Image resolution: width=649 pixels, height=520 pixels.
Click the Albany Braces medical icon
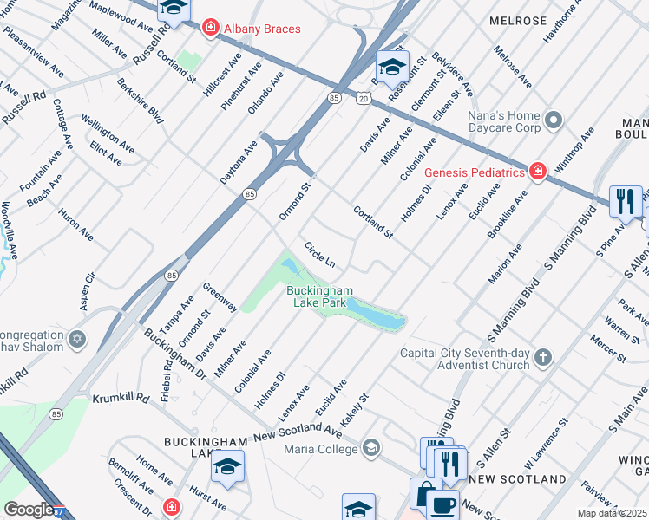click(x=209, y=29)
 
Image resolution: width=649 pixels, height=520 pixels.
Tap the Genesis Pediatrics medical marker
click(x=538, y=172)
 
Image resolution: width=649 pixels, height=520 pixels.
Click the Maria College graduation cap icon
click(x=370, y=448)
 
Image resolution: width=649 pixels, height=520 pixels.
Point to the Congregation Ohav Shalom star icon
click(x=77, y=339)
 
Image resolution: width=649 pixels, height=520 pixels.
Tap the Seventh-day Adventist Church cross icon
click(x=542, y=358)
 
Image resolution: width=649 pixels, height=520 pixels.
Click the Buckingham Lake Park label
click(x=319, y=296)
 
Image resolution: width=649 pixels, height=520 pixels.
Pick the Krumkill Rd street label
click(x=118, y=400)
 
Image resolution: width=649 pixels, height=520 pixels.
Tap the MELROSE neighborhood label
click(x=517, y=21)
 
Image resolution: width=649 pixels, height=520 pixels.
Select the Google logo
click(x=29, y=510)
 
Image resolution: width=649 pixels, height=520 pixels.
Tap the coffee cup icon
click(x=444, y=505)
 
